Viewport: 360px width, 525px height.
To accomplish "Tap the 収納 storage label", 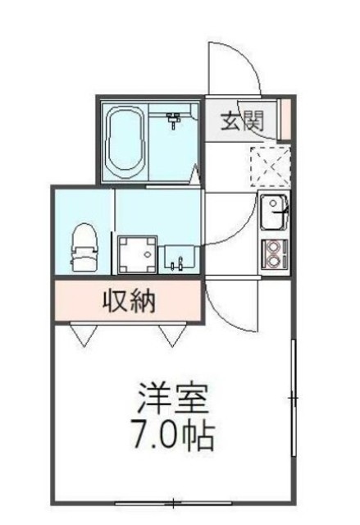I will click(x=129, y=303).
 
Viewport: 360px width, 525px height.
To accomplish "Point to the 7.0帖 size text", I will click(x=173, y=435).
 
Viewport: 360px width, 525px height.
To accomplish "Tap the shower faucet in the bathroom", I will click(x=174, y=120).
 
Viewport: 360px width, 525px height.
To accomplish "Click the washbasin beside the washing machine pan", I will click(x=179, y=258).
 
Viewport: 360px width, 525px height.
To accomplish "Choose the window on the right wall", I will click(x=293, y=399).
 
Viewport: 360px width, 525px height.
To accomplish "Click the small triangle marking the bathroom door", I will click(x=196, y=174).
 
